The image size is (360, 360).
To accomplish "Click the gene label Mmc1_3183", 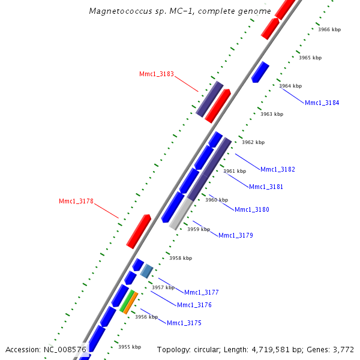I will pyautogui.click(x=157, y=74).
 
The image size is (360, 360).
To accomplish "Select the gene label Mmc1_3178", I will pyautogui.click(x=76, y=202).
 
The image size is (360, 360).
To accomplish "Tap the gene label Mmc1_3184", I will pyautogui.click(x=322, y=103).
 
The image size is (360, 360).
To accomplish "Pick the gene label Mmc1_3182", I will pyautogui.click(x=278, y=170).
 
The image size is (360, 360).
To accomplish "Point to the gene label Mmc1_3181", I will pyautogui.click(x=266, y=187).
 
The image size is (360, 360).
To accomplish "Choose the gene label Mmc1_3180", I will pyautogui.click(x=252, y=210).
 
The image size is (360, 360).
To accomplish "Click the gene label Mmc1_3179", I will pyautogui.click(x=236, y=236).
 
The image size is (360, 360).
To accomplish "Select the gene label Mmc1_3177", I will pyautogui.click(x=202, y=293).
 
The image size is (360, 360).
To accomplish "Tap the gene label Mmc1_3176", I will pyautogui.click(x=194, y=305).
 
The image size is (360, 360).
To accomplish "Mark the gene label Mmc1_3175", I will pyautogui.click(x=184, y=323).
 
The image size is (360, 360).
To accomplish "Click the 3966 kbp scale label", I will pyautogui.click(x=329, y=29).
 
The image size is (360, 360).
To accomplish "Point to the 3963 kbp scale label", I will pyautogui.click(x=271, y=114).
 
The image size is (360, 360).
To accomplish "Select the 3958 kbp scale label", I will pyautogui.click(x=181, y=259).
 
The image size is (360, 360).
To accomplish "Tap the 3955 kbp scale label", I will pyautogui.click(x=129, y=347).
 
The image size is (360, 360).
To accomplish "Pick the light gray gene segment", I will pyautogui.click(x=181, y=214).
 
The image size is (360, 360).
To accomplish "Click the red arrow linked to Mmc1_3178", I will pyautogui.click(x=139, y=231).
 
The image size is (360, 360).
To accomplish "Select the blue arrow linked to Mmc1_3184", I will pyautogui.click(x=260, y=71).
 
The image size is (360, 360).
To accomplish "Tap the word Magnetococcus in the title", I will pyautogui.click(x=114, y=11).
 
